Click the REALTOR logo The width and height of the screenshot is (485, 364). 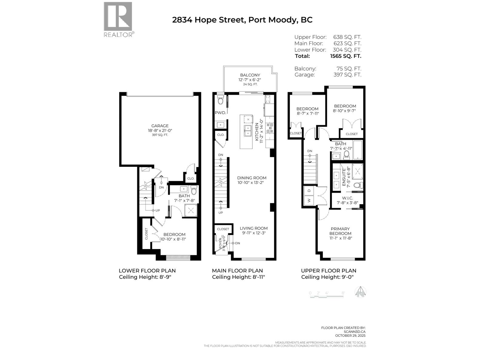pyautogui.click(x=118, y=19)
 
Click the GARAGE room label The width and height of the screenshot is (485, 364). pyautogui.click(x=160, y=126)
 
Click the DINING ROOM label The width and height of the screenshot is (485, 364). pyautogui.click(x=252, y=178)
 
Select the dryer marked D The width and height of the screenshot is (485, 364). pyautogui.click(x=309, y=190)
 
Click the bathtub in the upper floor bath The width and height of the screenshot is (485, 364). pyautogui.click(x=358, y=150)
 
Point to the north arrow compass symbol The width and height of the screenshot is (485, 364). pyautogui.click(x=361, y=292)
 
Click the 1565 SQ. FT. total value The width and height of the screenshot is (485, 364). pyautogui.click(x=346, y=56)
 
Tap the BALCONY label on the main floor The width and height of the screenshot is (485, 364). pyautogui.click(x=250, y=75)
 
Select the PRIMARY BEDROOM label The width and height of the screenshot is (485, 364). pyautogui.click(x=340, y=231)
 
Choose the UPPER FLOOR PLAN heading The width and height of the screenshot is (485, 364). pyautogui.click(x=328, y=271)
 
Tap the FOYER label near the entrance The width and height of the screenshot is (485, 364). pyautogui.click(x=221, y=243)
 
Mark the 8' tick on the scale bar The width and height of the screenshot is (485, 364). pyautogui.click(x=343, y=293)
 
